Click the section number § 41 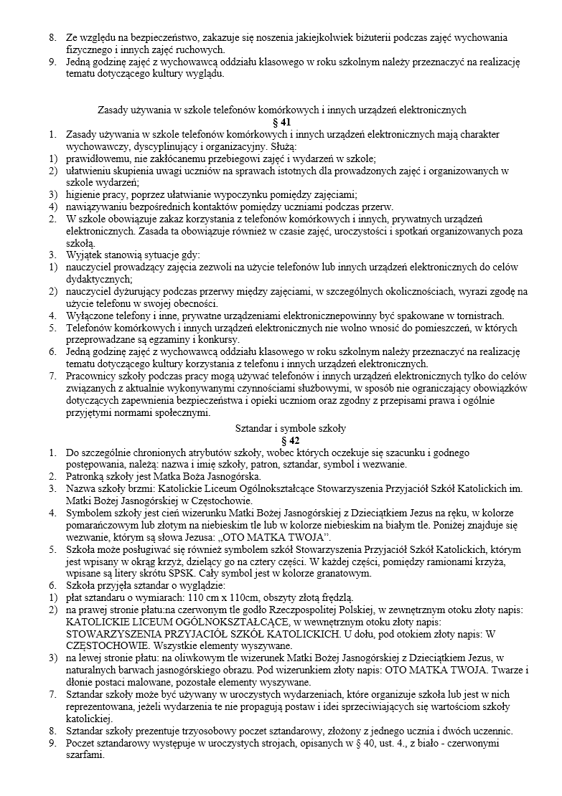[x=281, y=122]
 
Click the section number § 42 [x=281, y=440]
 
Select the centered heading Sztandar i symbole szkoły [x=281, y=429]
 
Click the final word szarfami [x=85, y=754]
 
